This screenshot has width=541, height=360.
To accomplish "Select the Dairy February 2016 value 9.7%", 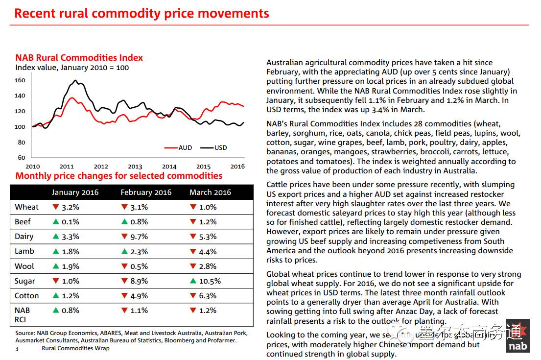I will (x=139, y=237).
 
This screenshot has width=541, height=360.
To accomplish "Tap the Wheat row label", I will (x=27, y=207).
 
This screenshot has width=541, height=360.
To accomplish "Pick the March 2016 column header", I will (x=210, y=192).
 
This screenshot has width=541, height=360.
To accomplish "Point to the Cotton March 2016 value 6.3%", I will (x=208, y=296).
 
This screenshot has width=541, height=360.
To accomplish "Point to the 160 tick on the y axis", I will (x=20, y=80).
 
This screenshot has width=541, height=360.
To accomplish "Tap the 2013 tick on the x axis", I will (x=135, y=167).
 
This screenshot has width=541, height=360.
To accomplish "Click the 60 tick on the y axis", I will (x=22, y=158).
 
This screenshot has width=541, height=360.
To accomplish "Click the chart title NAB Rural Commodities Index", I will (x=79, y=58).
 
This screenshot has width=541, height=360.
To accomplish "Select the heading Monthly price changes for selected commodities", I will (x=119, y=176).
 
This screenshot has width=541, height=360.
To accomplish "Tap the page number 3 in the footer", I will (x=17, y=348).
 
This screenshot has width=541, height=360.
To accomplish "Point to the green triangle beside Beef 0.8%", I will (x=124, y=222).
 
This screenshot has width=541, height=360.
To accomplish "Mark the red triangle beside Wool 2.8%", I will (x=192, y=266).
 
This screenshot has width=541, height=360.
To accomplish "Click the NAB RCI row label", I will (x=23, y=315).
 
